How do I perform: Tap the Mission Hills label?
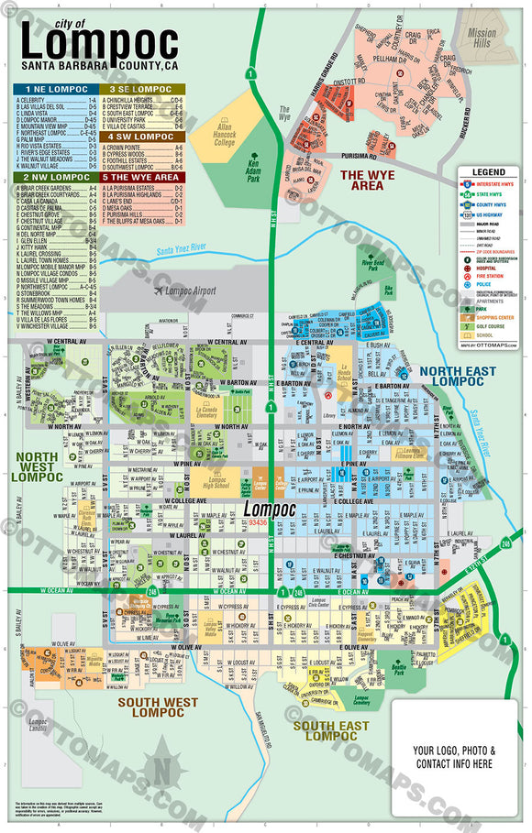(x=482, y=38)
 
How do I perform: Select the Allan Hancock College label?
(x=224, y=136)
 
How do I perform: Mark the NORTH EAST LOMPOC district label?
(x=458, y=376)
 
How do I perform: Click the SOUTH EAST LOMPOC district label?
(x=331, y=730)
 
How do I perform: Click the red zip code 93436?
(x=259, y=521)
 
